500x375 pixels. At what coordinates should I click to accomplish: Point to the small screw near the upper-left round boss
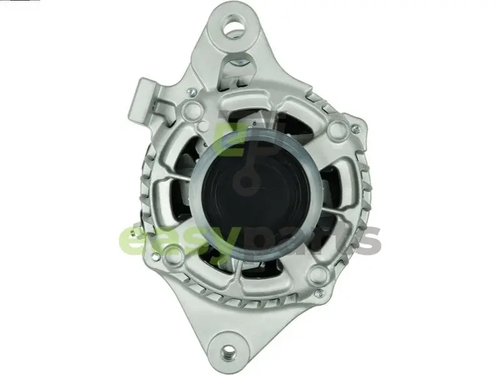coord(191,93)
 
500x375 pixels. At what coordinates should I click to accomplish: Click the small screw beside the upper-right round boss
coord(355,129)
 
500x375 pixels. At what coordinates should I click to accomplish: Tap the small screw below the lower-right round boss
coord(319,293)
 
